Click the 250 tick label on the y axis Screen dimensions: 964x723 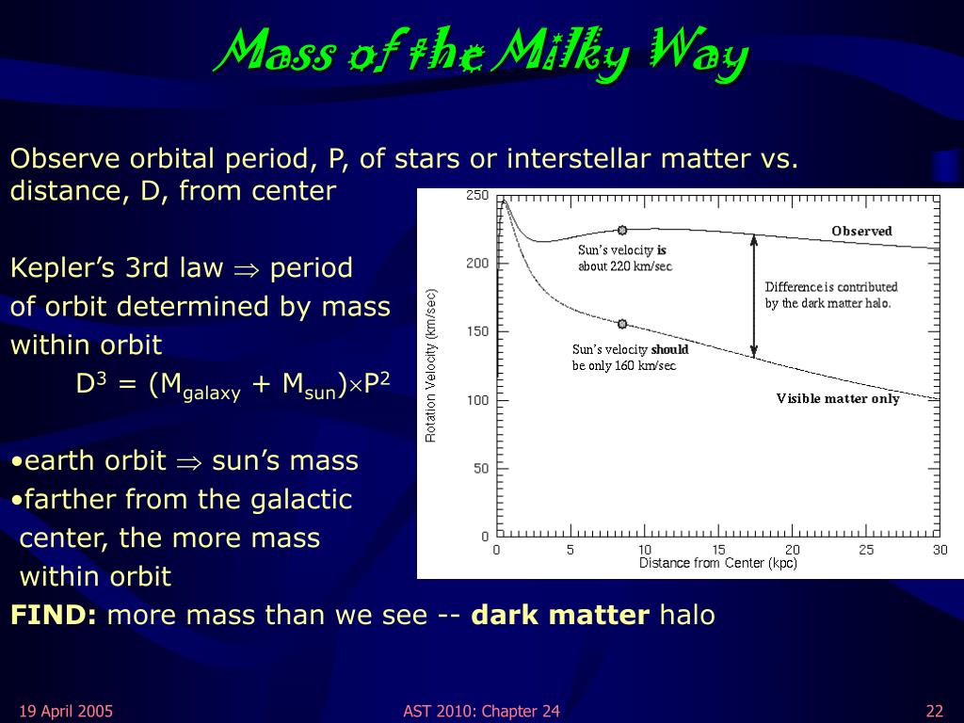point(477,196)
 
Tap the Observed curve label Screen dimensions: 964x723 point(861,232)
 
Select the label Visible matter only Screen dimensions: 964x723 point(838,398)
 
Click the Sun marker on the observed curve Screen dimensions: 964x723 point(622,230)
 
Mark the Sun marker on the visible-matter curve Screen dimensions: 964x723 point(622,324)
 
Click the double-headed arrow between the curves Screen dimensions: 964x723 point(754,296)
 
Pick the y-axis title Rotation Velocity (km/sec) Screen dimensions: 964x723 point(430,365)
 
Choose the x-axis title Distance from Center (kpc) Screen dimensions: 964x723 point(718,563)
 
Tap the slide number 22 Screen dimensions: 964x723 point(935,712)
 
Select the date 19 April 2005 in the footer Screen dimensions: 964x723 point(67,712)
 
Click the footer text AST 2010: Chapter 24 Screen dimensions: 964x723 point(481,712)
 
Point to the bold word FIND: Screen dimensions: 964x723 point(54,615)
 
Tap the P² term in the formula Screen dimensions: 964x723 point(377,383)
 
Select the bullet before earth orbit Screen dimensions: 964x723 point(17,462)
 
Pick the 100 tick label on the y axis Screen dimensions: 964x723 point(477,400)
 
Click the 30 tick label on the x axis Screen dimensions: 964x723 point(940,549)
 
